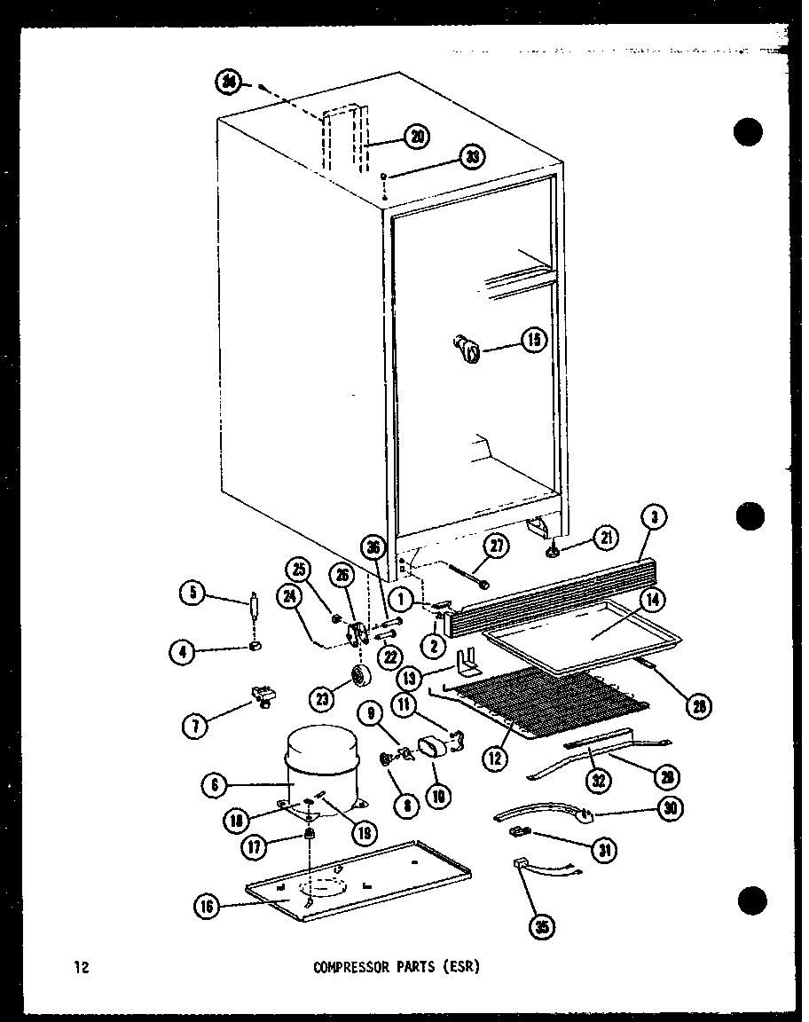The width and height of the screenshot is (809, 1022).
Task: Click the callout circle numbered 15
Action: point(534,340)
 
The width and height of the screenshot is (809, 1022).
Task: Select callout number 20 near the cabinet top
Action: point(416,136)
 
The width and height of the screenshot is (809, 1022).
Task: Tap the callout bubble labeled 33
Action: point(472,158)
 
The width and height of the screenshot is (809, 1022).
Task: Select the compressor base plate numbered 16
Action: point(355,879)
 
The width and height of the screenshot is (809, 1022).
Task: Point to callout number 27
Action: point(497,545)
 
